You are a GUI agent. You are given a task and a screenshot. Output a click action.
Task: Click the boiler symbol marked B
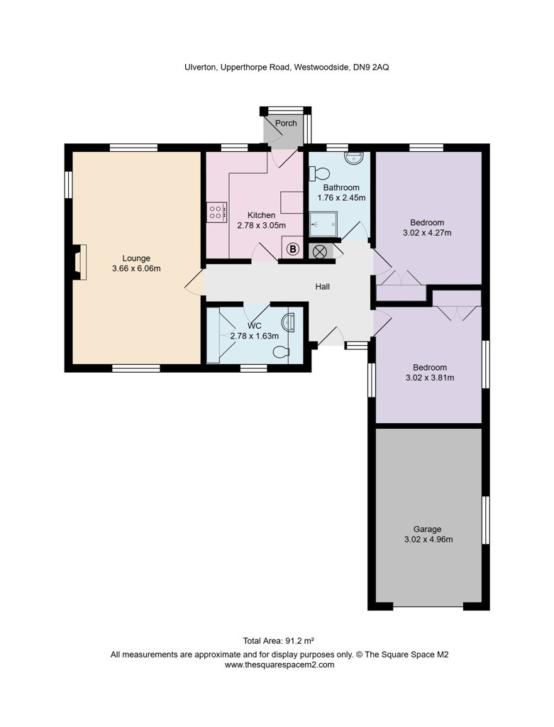pos(292,249)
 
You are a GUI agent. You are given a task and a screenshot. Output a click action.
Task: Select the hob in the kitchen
pos(216,211)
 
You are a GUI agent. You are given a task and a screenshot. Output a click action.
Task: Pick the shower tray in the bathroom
pos(323,224)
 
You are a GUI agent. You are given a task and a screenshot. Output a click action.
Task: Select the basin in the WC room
pos(289,322)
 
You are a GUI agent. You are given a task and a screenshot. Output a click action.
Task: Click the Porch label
pos(286,124)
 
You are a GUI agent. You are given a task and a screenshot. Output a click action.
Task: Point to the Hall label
pos(323,287)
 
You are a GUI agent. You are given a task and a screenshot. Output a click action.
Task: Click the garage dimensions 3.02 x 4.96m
pos(428,539)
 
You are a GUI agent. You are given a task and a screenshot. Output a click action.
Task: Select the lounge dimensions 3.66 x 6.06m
pos(136,268)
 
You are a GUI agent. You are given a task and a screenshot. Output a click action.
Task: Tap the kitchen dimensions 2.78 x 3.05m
pos(261,226)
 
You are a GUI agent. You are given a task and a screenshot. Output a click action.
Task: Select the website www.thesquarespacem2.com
pos(279,665)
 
